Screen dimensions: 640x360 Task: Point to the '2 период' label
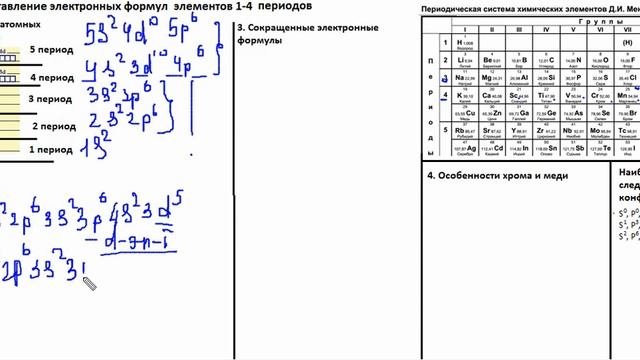[x=54, y=127]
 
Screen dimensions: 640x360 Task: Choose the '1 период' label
[x=49, y=150]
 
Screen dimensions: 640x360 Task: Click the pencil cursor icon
[x=89, y=284]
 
